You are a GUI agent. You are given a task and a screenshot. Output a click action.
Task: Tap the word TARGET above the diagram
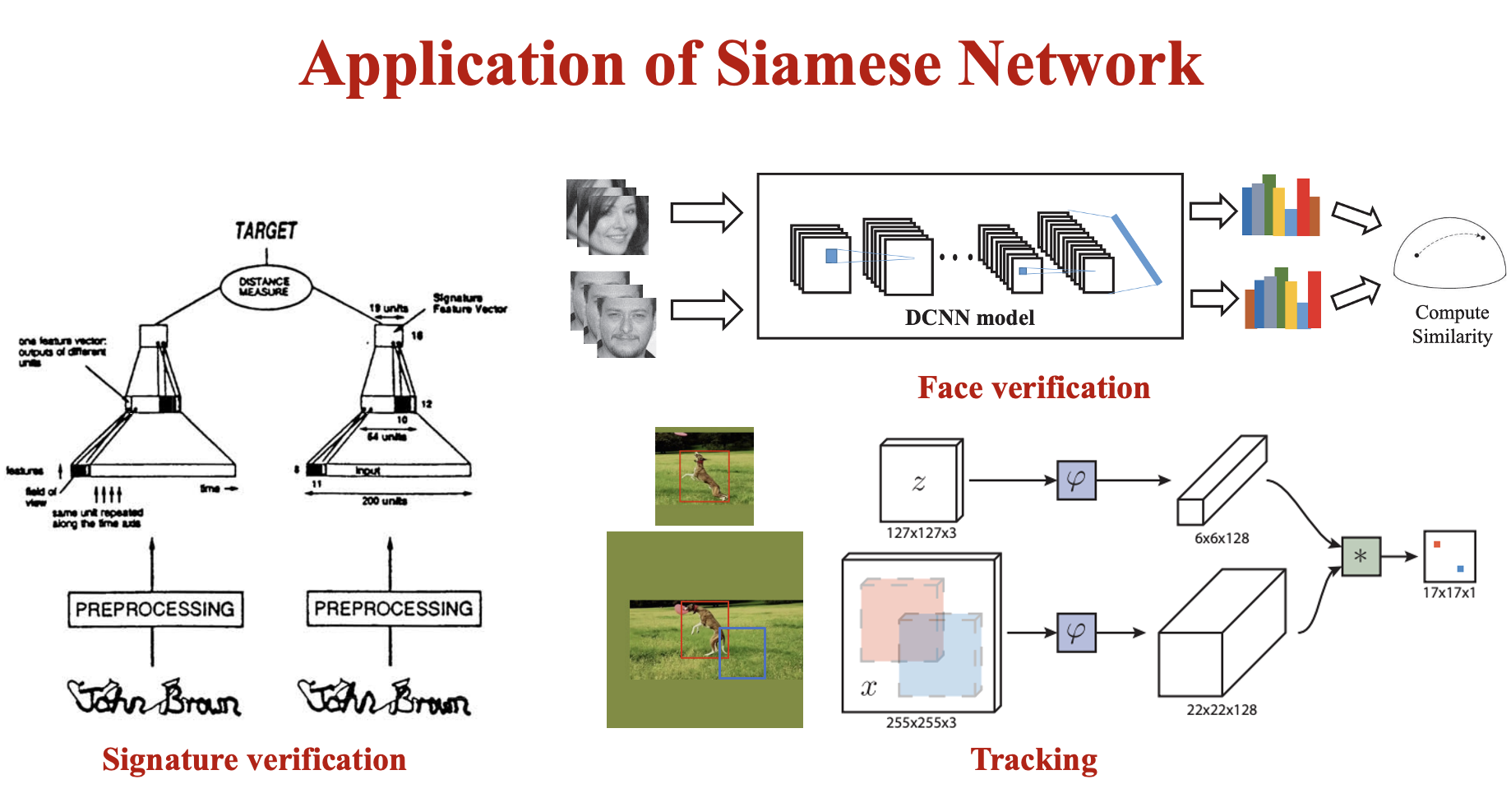[x=266, y=231]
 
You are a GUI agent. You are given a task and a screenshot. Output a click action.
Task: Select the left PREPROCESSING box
[x=155, y=609]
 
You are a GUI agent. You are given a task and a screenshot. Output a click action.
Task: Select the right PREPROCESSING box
[x=394, y=609]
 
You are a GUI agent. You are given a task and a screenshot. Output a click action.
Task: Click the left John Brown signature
[x=155, y=698]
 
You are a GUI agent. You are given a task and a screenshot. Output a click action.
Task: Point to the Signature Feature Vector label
[x=469, y=303]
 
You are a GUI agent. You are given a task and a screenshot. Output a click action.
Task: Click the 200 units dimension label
[x=384, y=501]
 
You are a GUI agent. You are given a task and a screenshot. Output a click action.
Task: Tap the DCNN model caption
[x=969, y=318]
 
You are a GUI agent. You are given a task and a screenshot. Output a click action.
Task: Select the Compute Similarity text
[x=1452, y=324]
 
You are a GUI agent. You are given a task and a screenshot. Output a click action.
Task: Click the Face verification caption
[x=1033, y=387]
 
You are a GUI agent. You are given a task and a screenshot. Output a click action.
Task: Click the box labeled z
[x=919, y=483]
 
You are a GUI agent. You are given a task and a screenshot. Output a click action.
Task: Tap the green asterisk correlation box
[x=1361, y=556]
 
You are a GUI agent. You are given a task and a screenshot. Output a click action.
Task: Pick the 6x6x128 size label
[x=1222, y=538]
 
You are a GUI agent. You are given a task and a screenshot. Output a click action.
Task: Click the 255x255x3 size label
[x=921, y=722]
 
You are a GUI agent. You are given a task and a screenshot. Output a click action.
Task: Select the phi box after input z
[x=1076, y=480]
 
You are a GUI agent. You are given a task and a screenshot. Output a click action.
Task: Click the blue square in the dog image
[x=742, y=653]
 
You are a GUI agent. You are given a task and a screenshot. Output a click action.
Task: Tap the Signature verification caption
[x=254, y=759]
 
